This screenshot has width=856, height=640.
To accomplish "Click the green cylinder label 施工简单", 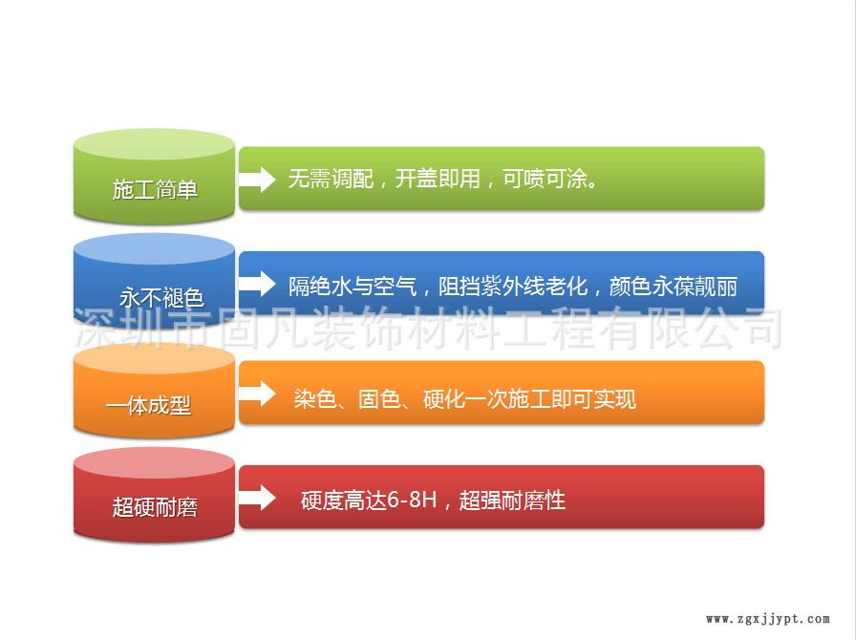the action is pyautogui.click(x=155, y=189).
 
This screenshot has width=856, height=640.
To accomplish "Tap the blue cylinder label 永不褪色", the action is pyautogui.click(x=161, y=298).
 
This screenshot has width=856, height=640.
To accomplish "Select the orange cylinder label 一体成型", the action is pyautogui.click(x=148, y=406).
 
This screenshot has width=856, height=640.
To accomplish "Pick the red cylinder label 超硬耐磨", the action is pyautogui.click(x=155, y=507).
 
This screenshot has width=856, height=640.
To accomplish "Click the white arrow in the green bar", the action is pyautogui.click(x=258, y=180).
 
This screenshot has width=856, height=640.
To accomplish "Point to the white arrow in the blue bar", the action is pyautogui.click(x=258, y=284).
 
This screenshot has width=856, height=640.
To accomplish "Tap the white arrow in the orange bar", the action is pyautogui.click(x=258, y=394).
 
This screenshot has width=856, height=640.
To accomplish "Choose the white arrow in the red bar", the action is pyautogui.click(x=258, y=498).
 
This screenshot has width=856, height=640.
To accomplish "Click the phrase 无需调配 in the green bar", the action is pyautogui.click(x=331, y=179).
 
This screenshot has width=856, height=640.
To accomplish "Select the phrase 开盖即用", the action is pyautogui.click(x=438, y=179).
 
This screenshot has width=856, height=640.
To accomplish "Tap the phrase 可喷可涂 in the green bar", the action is pyautogui.click(x=545, y=179).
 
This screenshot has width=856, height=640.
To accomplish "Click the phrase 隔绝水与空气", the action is pyautogui.click(x=353, y=287).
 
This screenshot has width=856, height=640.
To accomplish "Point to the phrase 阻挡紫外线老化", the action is pyautogui.click(x=513, y=287).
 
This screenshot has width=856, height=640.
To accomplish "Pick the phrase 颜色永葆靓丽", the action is pyautogui.click(x=674, y=287).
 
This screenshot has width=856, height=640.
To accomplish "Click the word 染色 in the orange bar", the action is pyautogui.click(x=315, y=399).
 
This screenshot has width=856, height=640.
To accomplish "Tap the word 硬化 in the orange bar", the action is pyautogui.click(x=444, y=399).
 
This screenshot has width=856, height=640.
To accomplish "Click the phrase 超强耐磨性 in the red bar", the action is pyautogui.click(x=512, y=501).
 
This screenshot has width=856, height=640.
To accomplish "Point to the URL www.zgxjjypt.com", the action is pyautogui.click(x=768, y=619).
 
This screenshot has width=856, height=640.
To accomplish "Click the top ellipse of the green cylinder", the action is pyautogui.click(x=155, y=144).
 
